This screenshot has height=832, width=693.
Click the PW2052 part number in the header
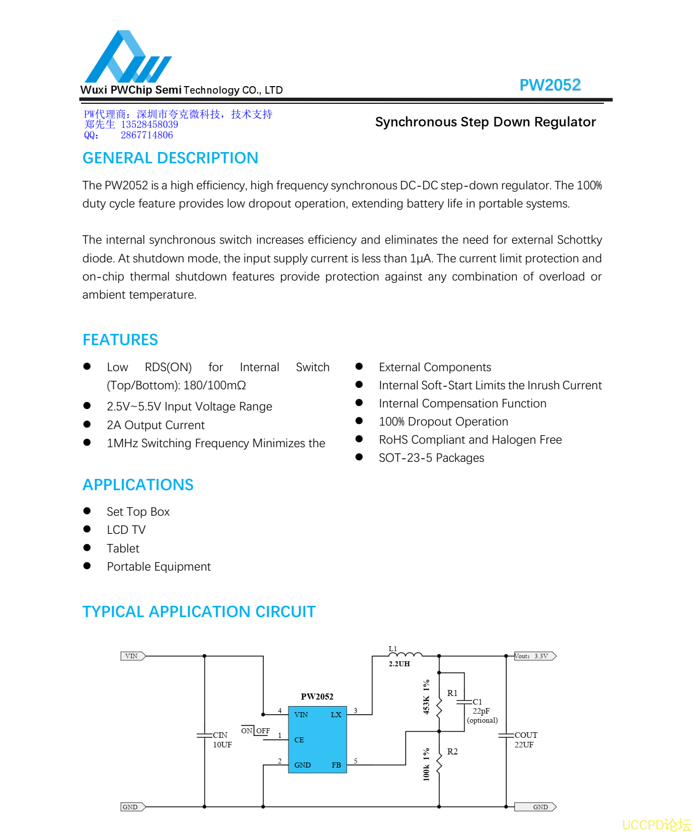tap(550, 85)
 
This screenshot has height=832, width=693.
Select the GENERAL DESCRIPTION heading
tap(170, 158)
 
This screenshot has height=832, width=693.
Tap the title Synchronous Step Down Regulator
tap(485, 122)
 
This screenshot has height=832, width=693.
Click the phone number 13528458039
tap(149, 124)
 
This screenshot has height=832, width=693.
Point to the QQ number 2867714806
tap(146, 135)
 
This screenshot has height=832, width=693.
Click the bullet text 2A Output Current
tap(156, 425)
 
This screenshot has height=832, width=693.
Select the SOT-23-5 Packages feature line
tap(431, 458)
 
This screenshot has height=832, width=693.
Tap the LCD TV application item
tap(126, 530)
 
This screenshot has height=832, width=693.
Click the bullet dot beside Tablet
tap(87, 547)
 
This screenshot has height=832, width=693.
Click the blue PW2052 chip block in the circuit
tap(317, 739)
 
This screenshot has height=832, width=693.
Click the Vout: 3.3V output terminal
tap(535, 656)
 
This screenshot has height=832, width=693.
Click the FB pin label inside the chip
tap(336, 765)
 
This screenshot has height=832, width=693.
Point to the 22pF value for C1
tap(481, 711)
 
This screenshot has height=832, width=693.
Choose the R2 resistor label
tap(452, 751)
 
